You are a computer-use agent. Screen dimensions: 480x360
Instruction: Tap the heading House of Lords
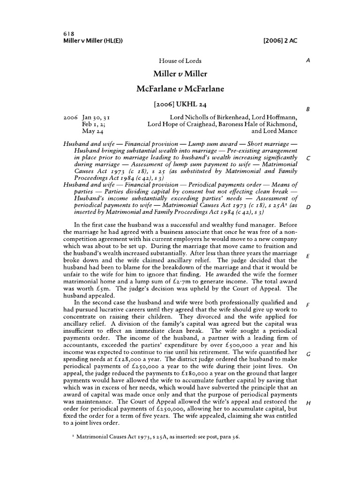(x=180, y=61)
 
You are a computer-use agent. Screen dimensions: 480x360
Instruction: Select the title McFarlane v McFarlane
(x=180, y=89)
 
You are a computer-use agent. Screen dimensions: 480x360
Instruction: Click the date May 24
(x=91, y=132)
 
